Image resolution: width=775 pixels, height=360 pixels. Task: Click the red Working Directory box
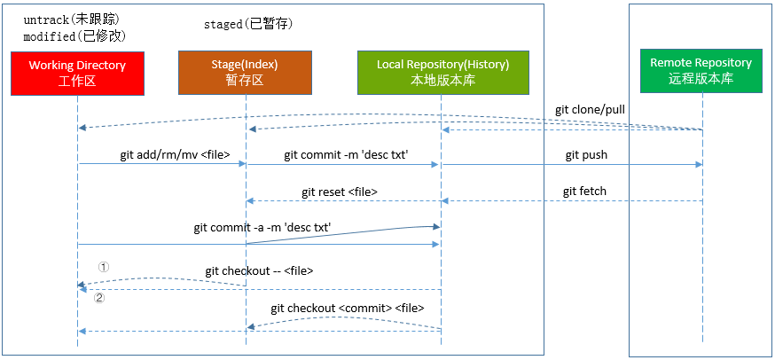click(77, 73)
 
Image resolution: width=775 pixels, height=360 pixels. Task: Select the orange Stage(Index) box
click(245, 73)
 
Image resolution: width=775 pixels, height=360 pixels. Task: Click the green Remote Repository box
click(701, 70)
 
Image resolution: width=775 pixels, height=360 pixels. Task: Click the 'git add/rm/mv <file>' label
click(175, 154)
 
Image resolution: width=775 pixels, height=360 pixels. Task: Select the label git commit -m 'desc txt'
click(346, 154)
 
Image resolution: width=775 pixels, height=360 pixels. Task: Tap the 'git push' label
click(586, 154)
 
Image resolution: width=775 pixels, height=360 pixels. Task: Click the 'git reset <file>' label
click(346, 192)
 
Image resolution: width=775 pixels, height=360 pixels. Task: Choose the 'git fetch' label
click(584, 192)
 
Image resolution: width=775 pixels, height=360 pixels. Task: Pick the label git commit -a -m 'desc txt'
click(262, 227)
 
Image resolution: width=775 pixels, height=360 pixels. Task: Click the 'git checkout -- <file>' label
click(259, 270)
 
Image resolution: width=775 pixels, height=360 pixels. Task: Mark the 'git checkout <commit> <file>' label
click(348, 308)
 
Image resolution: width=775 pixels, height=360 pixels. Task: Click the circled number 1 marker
click(103, 266)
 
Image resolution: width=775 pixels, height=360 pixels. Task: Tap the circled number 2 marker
click(99, 298)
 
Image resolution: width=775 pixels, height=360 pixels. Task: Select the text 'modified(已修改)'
click(75, 36)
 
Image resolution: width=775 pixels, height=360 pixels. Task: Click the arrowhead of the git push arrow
click(699, 164)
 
